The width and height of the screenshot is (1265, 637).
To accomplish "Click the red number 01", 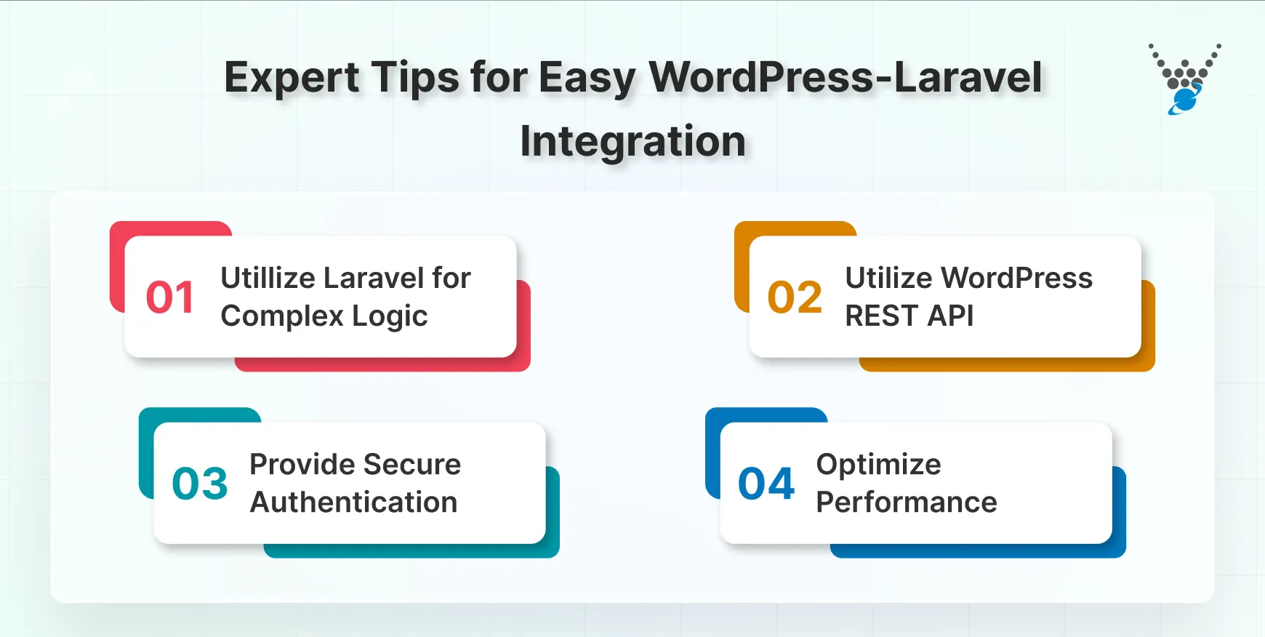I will (x=170, y=297).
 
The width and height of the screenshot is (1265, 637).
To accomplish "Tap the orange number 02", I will (x=795, y=297).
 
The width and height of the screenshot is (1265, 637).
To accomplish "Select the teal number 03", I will (x=200, y=484).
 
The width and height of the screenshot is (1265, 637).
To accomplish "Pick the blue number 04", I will (x=766, y=484).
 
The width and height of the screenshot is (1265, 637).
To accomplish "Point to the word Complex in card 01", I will (x=282, y=316).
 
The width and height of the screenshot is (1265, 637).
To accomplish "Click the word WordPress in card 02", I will (x=1016, y=278).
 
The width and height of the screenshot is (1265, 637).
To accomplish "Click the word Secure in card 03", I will (x=412, y=464).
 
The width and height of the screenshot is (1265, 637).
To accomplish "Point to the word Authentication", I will (x=353, y=502).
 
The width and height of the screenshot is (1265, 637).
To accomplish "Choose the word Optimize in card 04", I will (x=878, y=464).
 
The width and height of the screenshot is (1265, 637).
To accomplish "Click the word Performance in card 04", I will (x=906, y=502).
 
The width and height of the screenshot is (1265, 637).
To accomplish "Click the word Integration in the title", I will (x=632, y=140).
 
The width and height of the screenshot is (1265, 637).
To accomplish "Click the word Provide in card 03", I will (x=302, y=464).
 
